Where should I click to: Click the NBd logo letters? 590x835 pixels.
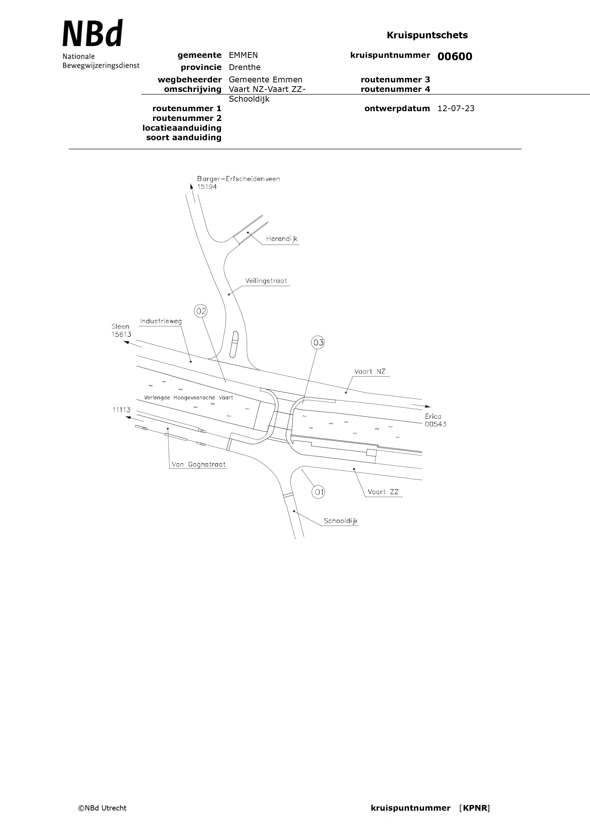(x=93, y=34)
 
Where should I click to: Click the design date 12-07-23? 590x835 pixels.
(x=456, y=108)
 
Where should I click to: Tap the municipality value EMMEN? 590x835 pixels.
(x=243, y=55)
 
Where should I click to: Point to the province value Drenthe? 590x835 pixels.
(x=245, y=67)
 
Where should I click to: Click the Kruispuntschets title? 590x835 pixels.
(x=427, y=35)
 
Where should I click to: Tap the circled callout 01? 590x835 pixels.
(x=318, y=492)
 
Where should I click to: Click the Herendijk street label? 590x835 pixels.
(x=281, y=239)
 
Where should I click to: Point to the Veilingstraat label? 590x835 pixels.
(x=266, y=281)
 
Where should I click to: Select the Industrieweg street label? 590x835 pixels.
(x=161, y=321)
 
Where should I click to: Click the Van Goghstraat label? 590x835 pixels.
(x=199, y=465)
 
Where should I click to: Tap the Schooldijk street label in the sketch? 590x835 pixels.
(x=340, y=521)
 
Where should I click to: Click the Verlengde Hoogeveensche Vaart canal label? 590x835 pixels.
(x=188, y=397)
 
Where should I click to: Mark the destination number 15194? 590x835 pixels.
(x=207, y=187)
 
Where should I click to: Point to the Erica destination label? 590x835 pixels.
(x=433, y=416)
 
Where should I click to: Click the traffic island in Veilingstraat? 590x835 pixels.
(x=235, y=344)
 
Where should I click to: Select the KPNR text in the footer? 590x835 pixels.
(x=475, y=808)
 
